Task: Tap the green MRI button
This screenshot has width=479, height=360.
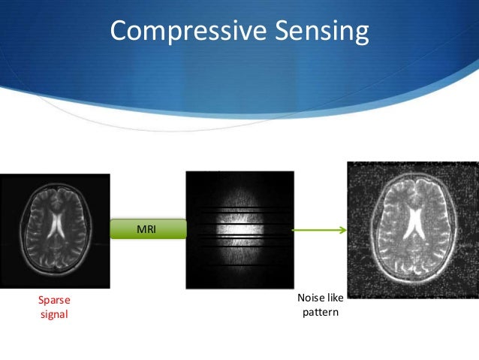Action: click(148, 228)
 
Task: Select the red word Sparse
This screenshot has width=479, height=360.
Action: click(53, 300)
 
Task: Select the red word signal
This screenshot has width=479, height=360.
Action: click(53, 314)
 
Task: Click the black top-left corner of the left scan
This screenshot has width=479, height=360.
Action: click(6, 180)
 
